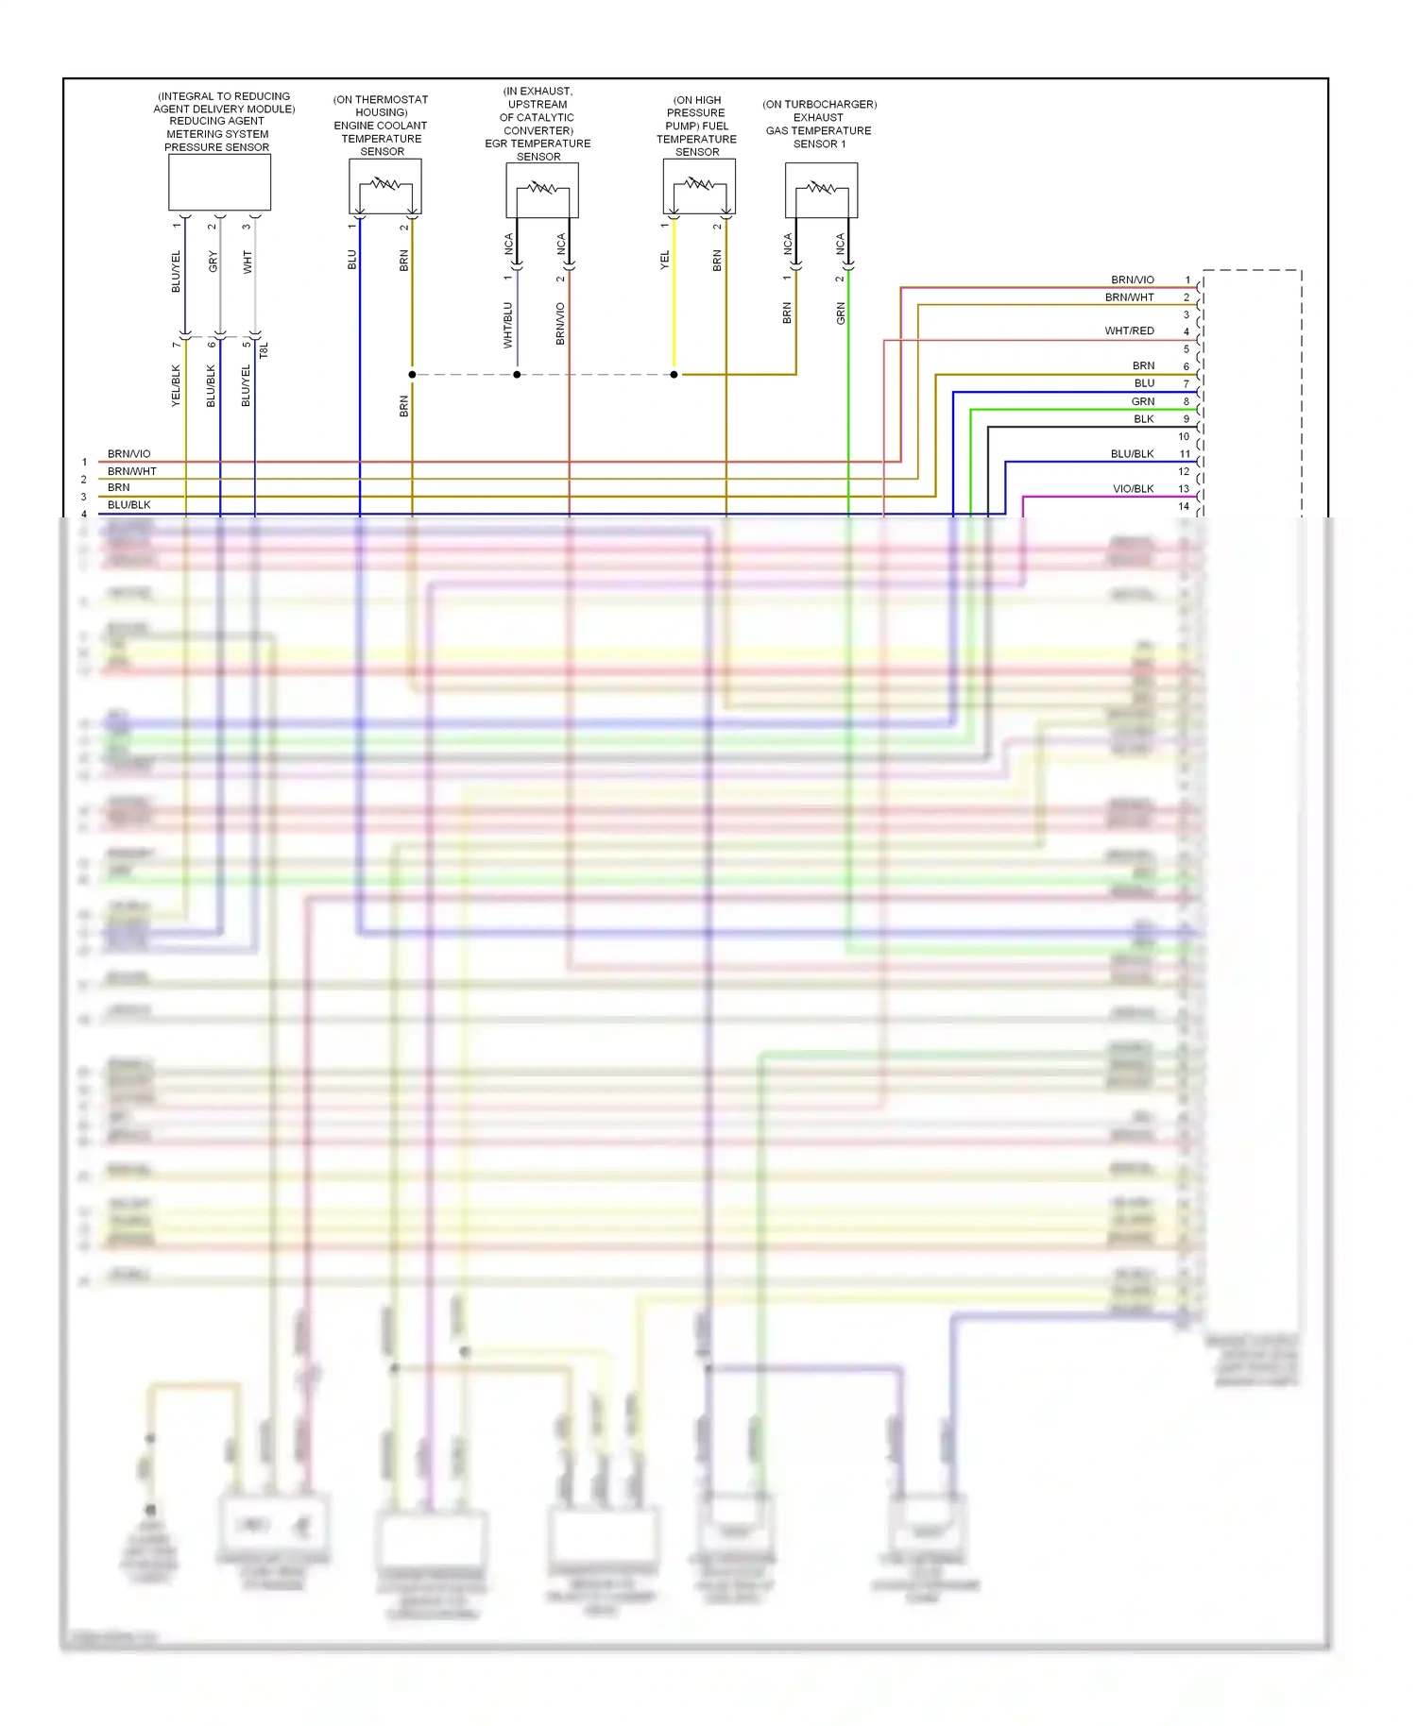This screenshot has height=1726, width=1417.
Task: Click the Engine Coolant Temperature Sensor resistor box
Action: [x=384, y=186]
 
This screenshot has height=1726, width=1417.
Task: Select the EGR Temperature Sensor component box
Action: [x=541, y=190]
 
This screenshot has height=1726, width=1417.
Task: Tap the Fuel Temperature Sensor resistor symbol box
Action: [x=699, y=186]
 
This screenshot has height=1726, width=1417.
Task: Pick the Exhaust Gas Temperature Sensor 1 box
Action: [x=821, y=190]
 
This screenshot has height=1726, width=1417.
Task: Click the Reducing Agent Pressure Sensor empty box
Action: [x=219, y=182]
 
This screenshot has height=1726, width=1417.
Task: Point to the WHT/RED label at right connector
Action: [x=1129, y=331]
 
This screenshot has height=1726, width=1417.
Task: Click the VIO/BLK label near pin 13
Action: [x=1133, y=489]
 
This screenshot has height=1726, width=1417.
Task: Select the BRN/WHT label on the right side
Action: [x=1129, y=297]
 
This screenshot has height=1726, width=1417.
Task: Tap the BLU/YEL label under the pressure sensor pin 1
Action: [x=176, y=272]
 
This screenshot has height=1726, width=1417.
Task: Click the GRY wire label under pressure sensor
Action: [x=213, y=262]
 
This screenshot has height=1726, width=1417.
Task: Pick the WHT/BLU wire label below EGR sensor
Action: [x=508, y=325]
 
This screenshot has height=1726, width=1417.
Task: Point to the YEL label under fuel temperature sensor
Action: [x=664, y=260]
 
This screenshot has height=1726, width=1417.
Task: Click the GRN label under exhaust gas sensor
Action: [x=841, y=314]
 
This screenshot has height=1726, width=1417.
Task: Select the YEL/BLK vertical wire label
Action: [x=176, y=386]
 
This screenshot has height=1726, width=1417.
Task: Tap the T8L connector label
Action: [x=265, y=350]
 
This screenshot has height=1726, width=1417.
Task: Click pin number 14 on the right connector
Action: [x=1184, y=507]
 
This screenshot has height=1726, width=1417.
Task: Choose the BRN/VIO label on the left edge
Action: [x=128, y=454]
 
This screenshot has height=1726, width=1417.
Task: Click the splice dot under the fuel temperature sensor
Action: [x=674, y=375]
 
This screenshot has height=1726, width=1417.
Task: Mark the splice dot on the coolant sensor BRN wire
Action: [x=412, y=375]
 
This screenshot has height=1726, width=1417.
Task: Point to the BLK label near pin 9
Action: [x=1143, y=419]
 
